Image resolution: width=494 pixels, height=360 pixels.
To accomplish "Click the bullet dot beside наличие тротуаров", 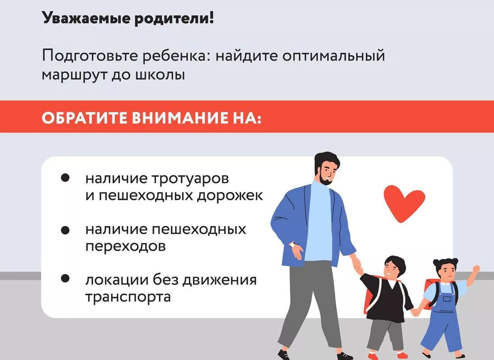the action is pos(65,178).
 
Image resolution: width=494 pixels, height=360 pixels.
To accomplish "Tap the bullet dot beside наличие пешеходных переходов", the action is pos(65,230).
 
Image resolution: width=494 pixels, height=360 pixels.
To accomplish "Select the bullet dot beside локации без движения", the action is pos(65,278).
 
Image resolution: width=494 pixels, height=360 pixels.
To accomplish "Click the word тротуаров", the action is pos(190,179).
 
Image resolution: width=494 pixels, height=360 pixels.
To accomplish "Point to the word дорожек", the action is pos(230,196).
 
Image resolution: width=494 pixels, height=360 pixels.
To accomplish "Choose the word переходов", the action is pos(126,246).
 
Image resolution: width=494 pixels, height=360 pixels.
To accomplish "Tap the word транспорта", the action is pos(128,297).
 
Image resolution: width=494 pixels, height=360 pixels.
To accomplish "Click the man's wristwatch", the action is pos(293,245).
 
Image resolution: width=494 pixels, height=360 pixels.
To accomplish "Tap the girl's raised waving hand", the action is pos(476,269).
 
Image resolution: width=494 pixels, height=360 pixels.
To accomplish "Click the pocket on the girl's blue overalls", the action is pos(447,299).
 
